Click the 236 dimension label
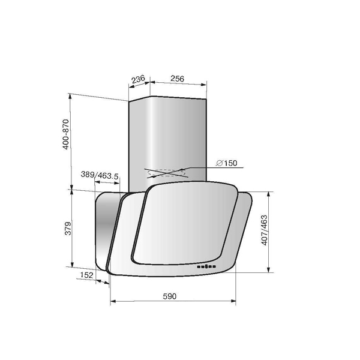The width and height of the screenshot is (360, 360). pyautogui.click(x=138, y=79)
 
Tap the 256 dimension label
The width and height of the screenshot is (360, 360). pyautogui.click(x=177, y=79)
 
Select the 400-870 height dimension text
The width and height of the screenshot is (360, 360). pyautogui.click(x=66, y=134)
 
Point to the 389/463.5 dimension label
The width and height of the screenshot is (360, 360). pyautogui.click(x=100, y=175)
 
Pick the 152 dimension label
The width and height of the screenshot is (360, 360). pyautogui.click(x=87, y=275)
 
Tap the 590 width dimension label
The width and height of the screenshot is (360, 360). pyautogui.click(x=170, y=296)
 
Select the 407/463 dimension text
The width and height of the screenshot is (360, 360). pyautogui.click(x=264, y=230)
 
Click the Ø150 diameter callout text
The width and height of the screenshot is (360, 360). pyautogui.click(x=227, y=163)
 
